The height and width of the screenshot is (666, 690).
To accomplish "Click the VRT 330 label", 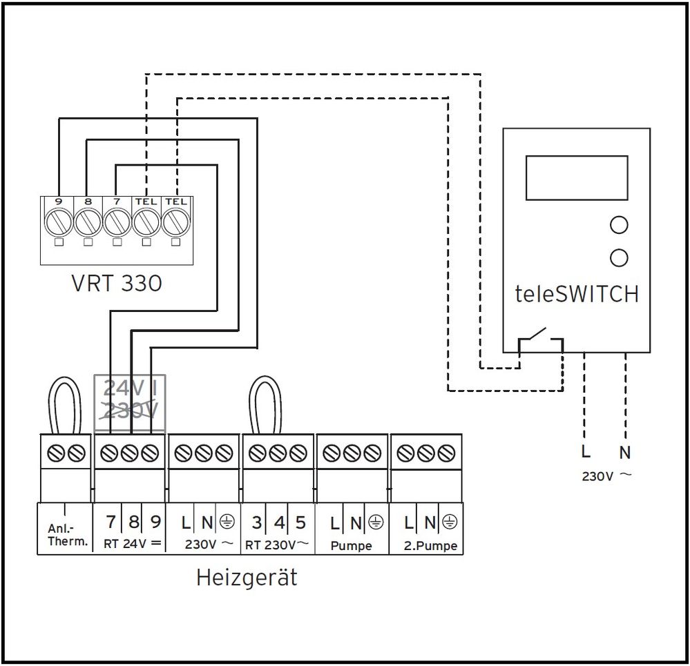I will [116, 283].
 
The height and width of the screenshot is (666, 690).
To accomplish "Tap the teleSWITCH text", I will [576, 295].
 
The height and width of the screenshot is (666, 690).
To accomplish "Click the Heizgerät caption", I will [247, 576].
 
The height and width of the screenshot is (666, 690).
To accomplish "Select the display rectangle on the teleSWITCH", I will [576, 177].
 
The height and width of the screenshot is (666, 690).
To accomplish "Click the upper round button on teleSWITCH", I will [619, 225].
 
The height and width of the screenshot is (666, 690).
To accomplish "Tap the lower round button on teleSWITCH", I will [619, 257].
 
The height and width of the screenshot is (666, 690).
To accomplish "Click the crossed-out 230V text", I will [130, 411].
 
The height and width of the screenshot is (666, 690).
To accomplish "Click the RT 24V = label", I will [133, 544].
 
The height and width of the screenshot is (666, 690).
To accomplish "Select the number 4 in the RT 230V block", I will [278, 522].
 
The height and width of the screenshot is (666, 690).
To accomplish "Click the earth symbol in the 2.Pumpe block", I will [450, 522].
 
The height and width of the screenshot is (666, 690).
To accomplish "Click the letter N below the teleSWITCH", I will [626, 453].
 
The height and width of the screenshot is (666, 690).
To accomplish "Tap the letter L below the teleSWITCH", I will [585, 453].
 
